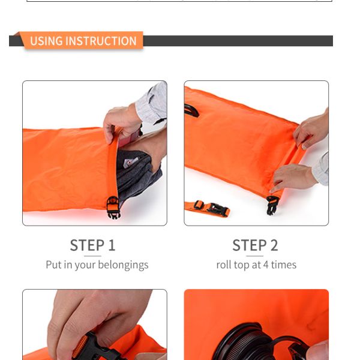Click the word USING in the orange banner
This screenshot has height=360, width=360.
click(x=46, y=41)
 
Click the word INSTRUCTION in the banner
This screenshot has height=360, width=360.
click(x=101, y=41)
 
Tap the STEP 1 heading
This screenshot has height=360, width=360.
click(x=92, y=245)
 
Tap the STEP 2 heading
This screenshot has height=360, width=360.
click(x=255, y=245)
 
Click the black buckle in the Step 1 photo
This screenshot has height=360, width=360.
click(x=113, y=207)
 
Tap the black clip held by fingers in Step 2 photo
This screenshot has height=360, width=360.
click(x=272, y=204)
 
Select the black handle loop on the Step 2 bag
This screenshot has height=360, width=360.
click(x=191, y=110)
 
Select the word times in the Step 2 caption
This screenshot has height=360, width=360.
click(x=283, y=265)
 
